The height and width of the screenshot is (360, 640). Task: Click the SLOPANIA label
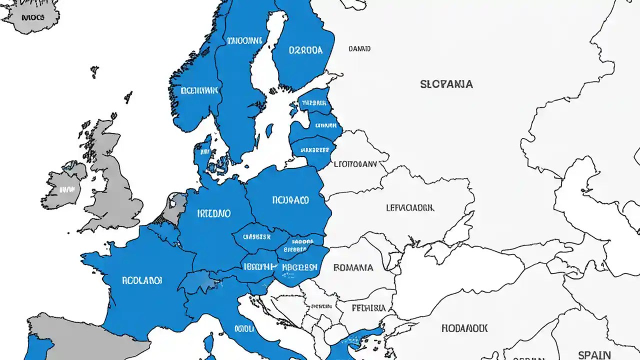tap(446, 84)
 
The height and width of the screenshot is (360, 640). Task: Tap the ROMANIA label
tap(353, 267)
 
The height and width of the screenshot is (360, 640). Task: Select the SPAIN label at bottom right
tap(594, 355)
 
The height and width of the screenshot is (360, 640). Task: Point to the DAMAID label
tap(359, 49)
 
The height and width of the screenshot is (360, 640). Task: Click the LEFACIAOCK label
tap(410, 207)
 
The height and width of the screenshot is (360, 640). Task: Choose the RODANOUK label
tap(464, 328)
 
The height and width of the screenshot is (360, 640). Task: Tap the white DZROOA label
tap(305, 50)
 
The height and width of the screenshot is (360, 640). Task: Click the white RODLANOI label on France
tap(142, 280)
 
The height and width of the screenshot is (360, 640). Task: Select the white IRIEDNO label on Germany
tap(213, 213)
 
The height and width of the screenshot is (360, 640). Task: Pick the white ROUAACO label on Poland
tap(290, 200)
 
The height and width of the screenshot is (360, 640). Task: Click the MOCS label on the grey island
tap(33, 17)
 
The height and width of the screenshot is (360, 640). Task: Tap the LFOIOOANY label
tap(355, 163)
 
